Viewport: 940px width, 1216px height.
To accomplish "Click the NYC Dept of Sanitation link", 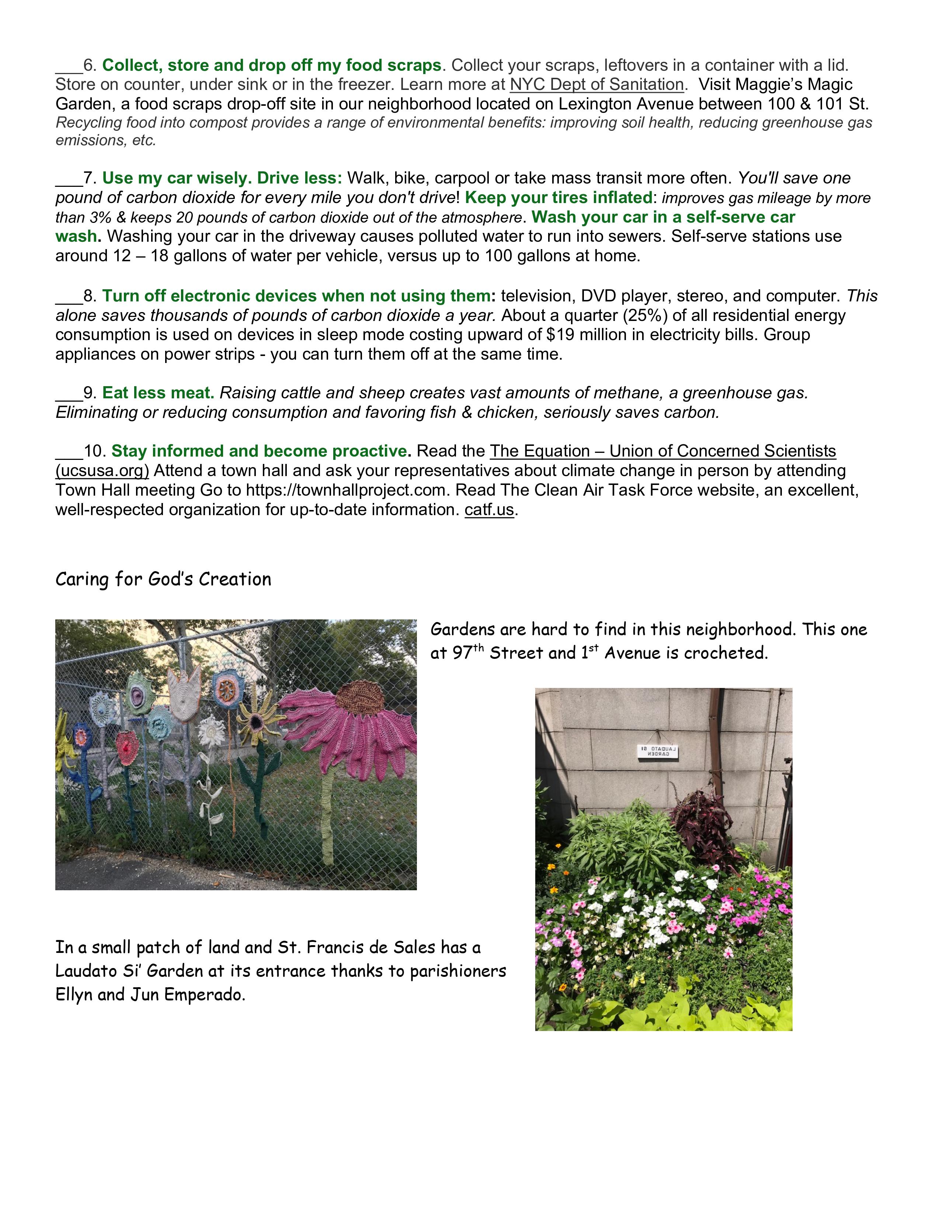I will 596,85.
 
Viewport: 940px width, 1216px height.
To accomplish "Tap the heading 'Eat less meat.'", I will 158,393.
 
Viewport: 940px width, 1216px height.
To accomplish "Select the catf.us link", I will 489,510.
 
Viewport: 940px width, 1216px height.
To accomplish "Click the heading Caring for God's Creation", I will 163,580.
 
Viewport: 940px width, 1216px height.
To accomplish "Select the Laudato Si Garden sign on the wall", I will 657,753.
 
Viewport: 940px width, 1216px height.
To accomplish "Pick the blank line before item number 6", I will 69,67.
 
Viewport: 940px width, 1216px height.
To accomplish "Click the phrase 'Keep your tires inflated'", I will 558,198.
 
